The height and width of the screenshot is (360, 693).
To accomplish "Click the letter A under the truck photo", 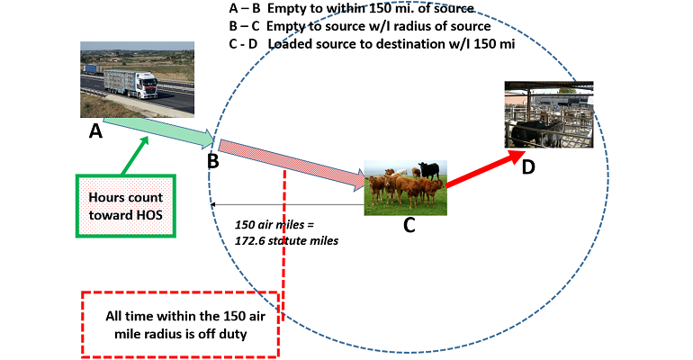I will point(95,131).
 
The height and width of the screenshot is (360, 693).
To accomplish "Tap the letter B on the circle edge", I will point(212,161).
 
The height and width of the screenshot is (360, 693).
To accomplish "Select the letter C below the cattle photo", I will point(409,225).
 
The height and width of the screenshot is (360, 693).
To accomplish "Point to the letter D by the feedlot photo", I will point(528,166).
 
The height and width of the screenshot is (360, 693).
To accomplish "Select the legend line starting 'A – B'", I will point(352,9).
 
